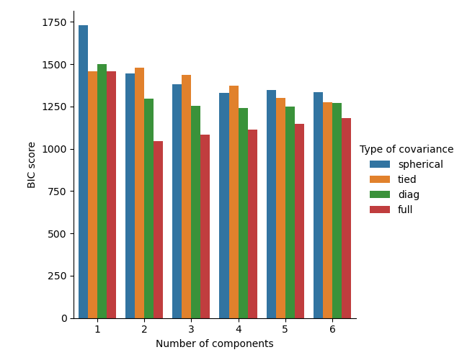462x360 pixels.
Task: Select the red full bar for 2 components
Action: click(x=158, y=230)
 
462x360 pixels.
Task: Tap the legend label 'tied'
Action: click(x=408, y=180)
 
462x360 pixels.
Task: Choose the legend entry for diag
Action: click(x=408, y=195)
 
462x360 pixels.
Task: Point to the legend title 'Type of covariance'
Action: click(x=407, y=150)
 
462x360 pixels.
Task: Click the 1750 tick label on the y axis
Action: click(x=54, y=22)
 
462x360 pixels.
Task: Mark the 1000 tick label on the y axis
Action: click(x=54, y=149)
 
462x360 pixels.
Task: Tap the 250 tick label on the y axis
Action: click(x=57, y=276)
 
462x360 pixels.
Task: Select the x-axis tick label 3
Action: click(x=191, y=329)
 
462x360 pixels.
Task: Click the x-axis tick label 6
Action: click(x=332, y=329)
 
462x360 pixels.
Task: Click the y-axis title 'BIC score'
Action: click(x=32, y=164)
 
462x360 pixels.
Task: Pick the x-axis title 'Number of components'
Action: click(x=215, y=344)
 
